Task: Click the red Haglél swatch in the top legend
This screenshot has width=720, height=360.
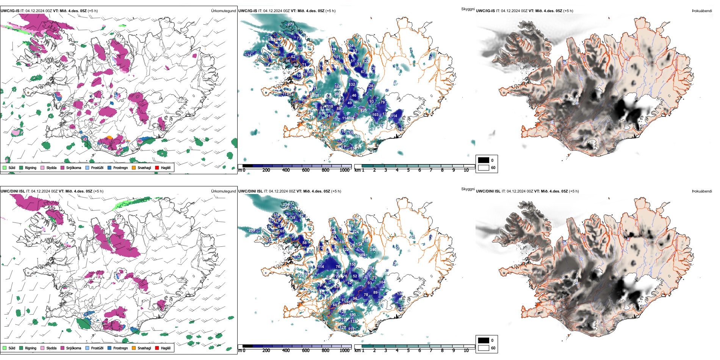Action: [157, 167]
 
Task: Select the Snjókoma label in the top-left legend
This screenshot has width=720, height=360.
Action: [74, 167]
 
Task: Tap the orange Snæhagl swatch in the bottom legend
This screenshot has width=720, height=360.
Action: [134, 348]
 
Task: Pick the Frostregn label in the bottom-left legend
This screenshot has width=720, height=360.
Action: [121, 348]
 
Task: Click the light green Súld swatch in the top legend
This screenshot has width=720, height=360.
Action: [5, 167]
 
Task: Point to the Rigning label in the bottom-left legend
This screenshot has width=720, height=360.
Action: [31, 348]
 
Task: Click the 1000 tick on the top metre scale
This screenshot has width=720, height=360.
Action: [344, 170]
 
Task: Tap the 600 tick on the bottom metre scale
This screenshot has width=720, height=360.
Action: [306, 351]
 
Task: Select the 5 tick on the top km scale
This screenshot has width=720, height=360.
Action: [408, 170]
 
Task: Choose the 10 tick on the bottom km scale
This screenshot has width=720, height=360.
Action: [466, 351]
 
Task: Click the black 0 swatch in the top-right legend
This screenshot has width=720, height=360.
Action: [484, 160]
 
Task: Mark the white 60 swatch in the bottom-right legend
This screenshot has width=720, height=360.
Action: [484, 347]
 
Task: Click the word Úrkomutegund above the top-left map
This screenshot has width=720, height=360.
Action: [223, 11]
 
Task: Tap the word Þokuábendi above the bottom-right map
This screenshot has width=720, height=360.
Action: [702, 191]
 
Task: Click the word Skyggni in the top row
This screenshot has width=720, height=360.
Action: [468, 9]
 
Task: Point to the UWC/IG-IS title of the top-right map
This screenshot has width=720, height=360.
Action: [485, 11]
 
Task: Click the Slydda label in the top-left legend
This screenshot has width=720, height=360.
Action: [52, 167]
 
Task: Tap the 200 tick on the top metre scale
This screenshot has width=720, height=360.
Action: [266, 170]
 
